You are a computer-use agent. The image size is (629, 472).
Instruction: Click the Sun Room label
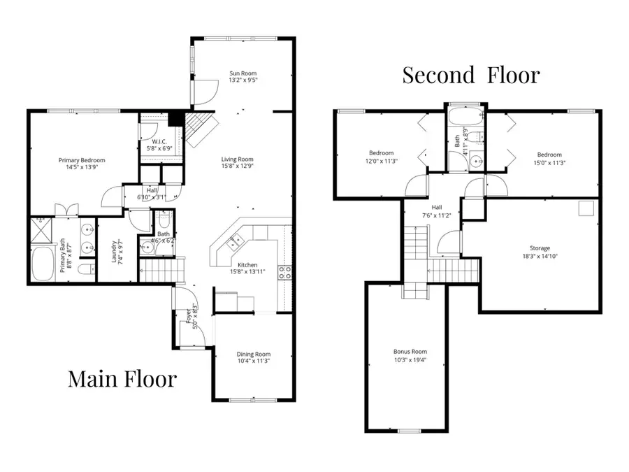pyautogui.click(x=243, y=73)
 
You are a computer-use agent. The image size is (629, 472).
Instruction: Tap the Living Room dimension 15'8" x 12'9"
pyautogui.click(x=237, y=166)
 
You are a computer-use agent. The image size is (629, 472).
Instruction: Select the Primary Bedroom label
pyautogui.click(x=78, y=159)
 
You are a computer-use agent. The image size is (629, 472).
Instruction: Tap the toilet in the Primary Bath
pyautogui.click(x=85, y=269)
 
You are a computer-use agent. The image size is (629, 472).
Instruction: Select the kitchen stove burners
pyautogui.click(x=285, y=272)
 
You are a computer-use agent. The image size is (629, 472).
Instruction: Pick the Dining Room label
pyautogui.click(x=253, y=354)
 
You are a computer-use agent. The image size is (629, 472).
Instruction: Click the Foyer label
pyautogui.click(x=188, y=319)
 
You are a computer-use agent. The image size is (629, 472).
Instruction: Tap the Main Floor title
pyautogui.click(x=122, y=379)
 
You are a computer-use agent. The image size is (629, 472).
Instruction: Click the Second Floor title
pyautogui.click(x=470, y=75)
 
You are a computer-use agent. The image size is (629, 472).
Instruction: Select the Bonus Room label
pyautogui.click(x=410, y=352)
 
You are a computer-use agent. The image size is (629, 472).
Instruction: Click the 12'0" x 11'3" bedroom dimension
pyautogui.click(x=381, y=160)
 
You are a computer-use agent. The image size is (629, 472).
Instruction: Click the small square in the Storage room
pyautogui.click(x=586, y=208)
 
